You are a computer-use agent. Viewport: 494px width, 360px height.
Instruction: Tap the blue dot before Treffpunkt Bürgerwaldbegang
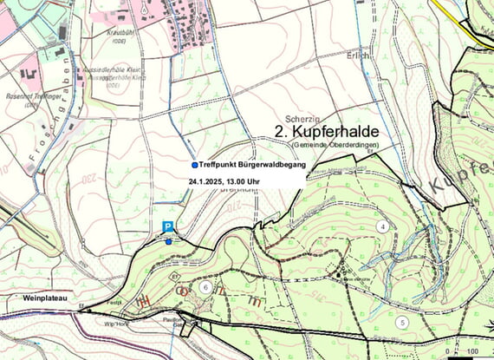click(x=193, y=164)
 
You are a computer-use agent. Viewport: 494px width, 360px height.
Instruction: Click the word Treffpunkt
click(x=217, y=164)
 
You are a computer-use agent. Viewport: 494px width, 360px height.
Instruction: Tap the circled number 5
click(x=402, y=322)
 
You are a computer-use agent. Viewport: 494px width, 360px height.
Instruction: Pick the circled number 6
click(x=205, y=286)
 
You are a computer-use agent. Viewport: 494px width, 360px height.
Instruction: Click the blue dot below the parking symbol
click(x=169, y=242)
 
